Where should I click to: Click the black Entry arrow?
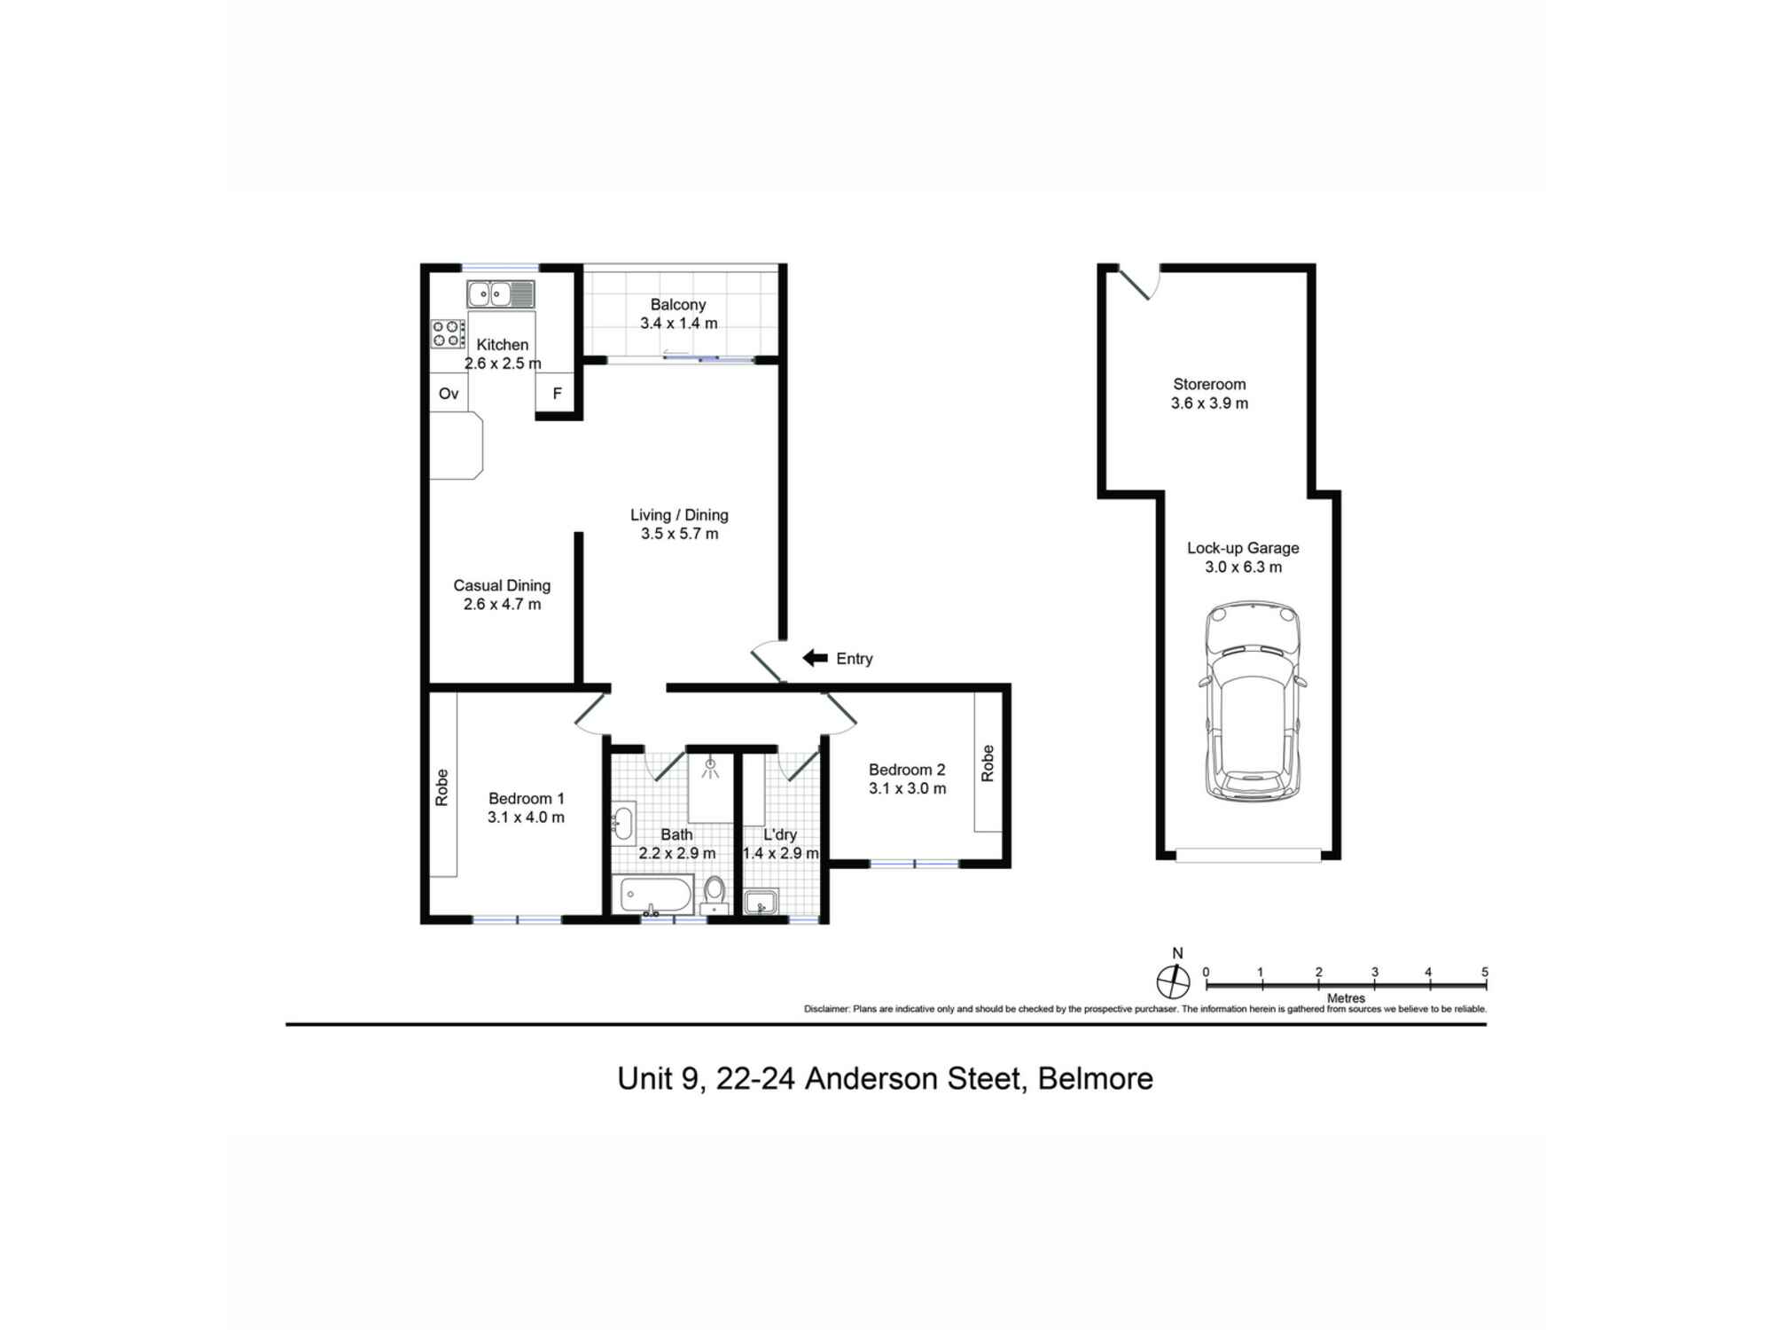(x=815, y=658)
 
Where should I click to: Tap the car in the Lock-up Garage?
(x=1252, y=701)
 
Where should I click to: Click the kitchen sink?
(x=501, y=293)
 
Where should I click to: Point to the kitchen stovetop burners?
(x=449, y=333)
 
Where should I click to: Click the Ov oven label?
(x=449, y=394)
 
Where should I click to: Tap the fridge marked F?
(x=558, y=394)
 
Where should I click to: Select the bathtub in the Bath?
(x=655, y=896)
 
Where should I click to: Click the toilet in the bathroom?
(x=715, y=895)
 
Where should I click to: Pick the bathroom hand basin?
(x=623, y=822)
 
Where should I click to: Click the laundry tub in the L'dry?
(x=761, y=903)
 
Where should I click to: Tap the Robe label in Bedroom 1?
(x=441, y=787)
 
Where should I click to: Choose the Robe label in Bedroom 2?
(x=988, y=763)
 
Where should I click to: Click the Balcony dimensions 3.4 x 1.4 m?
(x=679, y=324)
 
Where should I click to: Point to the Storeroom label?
(x=1209, y=384)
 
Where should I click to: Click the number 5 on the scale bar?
(x=1485, y=972)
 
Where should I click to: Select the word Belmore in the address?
(x=1096, y=1079)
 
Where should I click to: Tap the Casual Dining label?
(x=502, y=585)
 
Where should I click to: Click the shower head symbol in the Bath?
(x=710, y=768)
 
